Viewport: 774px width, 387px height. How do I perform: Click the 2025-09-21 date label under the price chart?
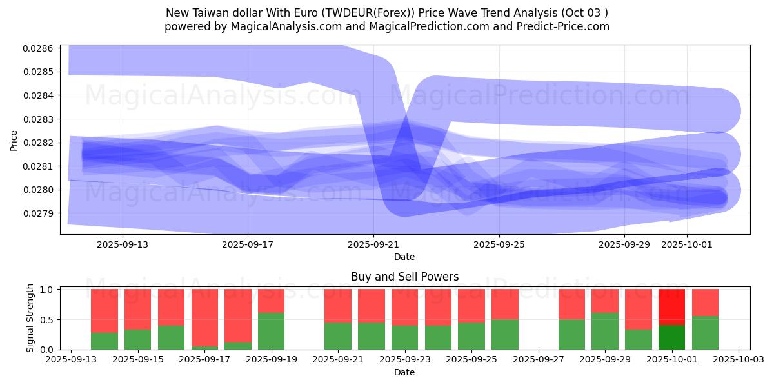tap(373, 245)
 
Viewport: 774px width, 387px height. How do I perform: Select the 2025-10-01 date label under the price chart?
tap(687, 245)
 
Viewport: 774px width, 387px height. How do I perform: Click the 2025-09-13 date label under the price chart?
tap(123, 245)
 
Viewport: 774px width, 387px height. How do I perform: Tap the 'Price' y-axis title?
tap(14, 139)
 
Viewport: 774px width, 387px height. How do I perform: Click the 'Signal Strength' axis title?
tap(30, 318)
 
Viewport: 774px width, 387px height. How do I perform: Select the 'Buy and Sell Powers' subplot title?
tap(404, 277)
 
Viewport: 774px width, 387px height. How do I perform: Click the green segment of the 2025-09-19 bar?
tap(271, 331)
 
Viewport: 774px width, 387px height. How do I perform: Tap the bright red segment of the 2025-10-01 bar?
tap(671, 307)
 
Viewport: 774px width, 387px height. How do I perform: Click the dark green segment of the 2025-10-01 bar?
tap(671, 337)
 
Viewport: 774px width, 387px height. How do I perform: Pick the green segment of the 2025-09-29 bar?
tap(605, 331)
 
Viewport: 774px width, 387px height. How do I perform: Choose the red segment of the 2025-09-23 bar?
tap(404, 307)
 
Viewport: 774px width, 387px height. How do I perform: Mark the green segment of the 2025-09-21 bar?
tap(338, 336)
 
